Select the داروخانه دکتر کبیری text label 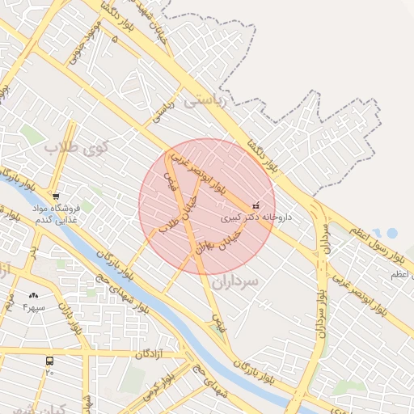coord(256,218)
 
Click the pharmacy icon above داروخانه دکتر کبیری coord(256,205)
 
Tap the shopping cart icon coord(55,196)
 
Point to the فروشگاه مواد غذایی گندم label coord(55,215)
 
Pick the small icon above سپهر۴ coord(33,296)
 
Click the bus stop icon coord(50,361)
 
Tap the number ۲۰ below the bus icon coord(50,373)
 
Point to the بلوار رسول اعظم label coord(377,244)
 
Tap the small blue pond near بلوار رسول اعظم coord(391,233)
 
